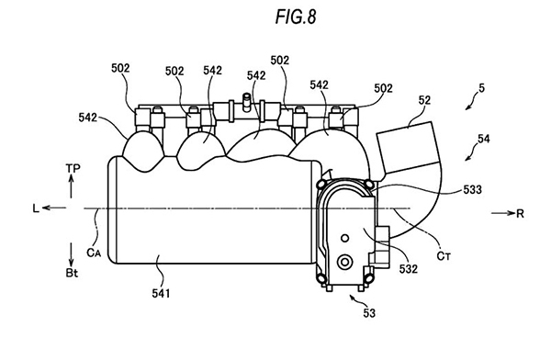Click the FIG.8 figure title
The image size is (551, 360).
pyautogui.click(x=296, y=17)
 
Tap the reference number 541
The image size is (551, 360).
pyautogui.click(x=161, y=293)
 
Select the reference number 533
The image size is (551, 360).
pyautogui.click(x=472, y=189)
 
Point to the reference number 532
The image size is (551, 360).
pyautogui.click(x=409, y=269)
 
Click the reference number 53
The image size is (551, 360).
pyautogui.click(x=369, y=313)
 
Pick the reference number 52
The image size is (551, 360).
pyautogui.click(x=424, y=100)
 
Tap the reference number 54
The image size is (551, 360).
pyautogui.click(x=484, y=139)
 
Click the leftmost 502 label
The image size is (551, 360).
pyautogui.click(x=120, y=68)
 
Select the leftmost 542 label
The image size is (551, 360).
pyautogui.click(x=87, y=118)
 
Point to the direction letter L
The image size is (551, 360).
pyautogui.click(x=36, y=208)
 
